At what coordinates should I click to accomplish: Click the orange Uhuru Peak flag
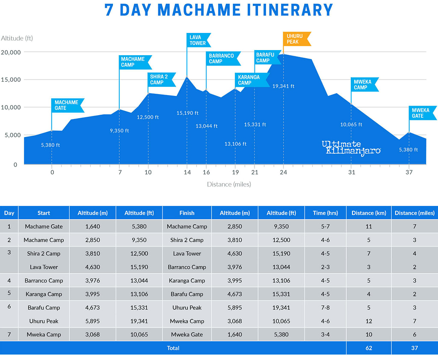[x=295, y=39]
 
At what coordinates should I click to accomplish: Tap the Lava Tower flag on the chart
[x=198, y=40]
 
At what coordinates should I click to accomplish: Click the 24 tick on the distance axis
[x=283, y=173]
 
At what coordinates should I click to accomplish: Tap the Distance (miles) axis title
[x=229, y=184]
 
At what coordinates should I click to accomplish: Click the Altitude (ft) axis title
[x=17, y=38]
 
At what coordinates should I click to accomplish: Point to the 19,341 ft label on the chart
[x=283, y=86]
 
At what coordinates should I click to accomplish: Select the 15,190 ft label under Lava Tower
[x=187, y=113]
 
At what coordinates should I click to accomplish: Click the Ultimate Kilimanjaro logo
[x=351, y=148]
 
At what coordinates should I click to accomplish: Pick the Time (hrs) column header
[x=326, y=213]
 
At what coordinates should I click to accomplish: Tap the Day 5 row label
[x=9, y=294]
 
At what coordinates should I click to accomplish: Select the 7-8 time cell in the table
[x=326, y=308]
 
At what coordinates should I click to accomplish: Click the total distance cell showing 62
[x=369, y=348]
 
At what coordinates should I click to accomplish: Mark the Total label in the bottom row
[x=173, y=348]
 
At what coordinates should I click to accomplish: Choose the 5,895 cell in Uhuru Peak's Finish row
[x=235, y=308]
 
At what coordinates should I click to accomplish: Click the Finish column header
[x=187, y=213]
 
